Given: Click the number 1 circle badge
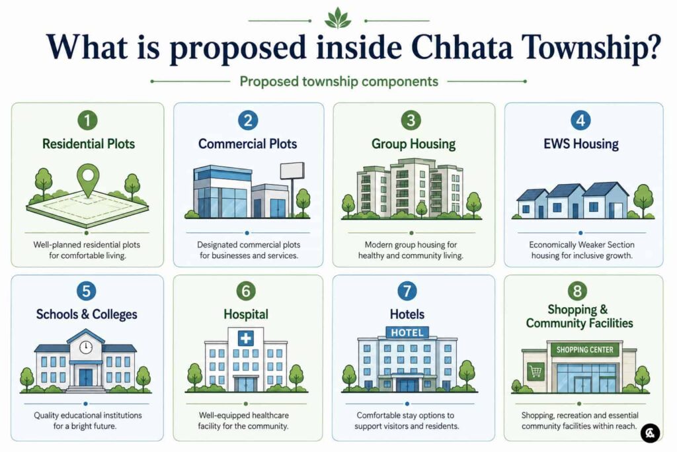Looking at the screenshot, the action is (x=88, y=120).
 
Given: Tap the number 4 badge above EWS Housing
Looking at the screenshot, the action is (x=580, y=120).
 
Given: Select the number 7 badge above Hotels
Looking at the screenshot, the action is (x=407, y=291).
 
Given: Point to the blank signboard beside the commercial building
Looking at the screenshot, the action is (x=292, y=171).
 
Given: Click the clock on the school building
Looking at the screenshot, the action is (x=85, y=347).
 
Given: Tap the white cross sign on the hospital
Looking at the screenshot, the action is (x=246, y=338).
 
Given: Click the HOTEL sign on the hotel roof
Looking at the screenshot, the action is (x=407, y=333).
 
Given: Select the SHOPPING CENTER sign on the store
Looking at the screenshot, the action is (x=584, y=349).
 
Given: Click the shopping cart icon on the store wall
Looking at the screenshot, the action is (x=536, y=371).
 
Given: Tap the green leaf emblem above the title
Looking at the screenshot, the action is (x=338, y=19).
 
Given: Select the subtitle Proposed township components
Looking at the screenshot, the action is (x=339, y=81).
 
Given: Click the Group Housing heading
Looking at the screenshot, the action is (x=413, y=144).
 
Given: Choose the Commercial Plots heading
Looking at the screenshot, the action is (x=247, y=144).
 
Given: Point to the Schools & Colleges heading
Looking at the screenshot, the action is (x=87, y=314).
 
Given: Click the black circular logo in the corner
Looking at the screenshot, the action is (x=651, y=433).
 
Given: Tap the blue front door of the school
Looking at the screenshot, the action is (x=85, y=377).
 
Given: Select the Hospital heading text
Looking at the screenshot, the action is (x=246, y=314).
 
